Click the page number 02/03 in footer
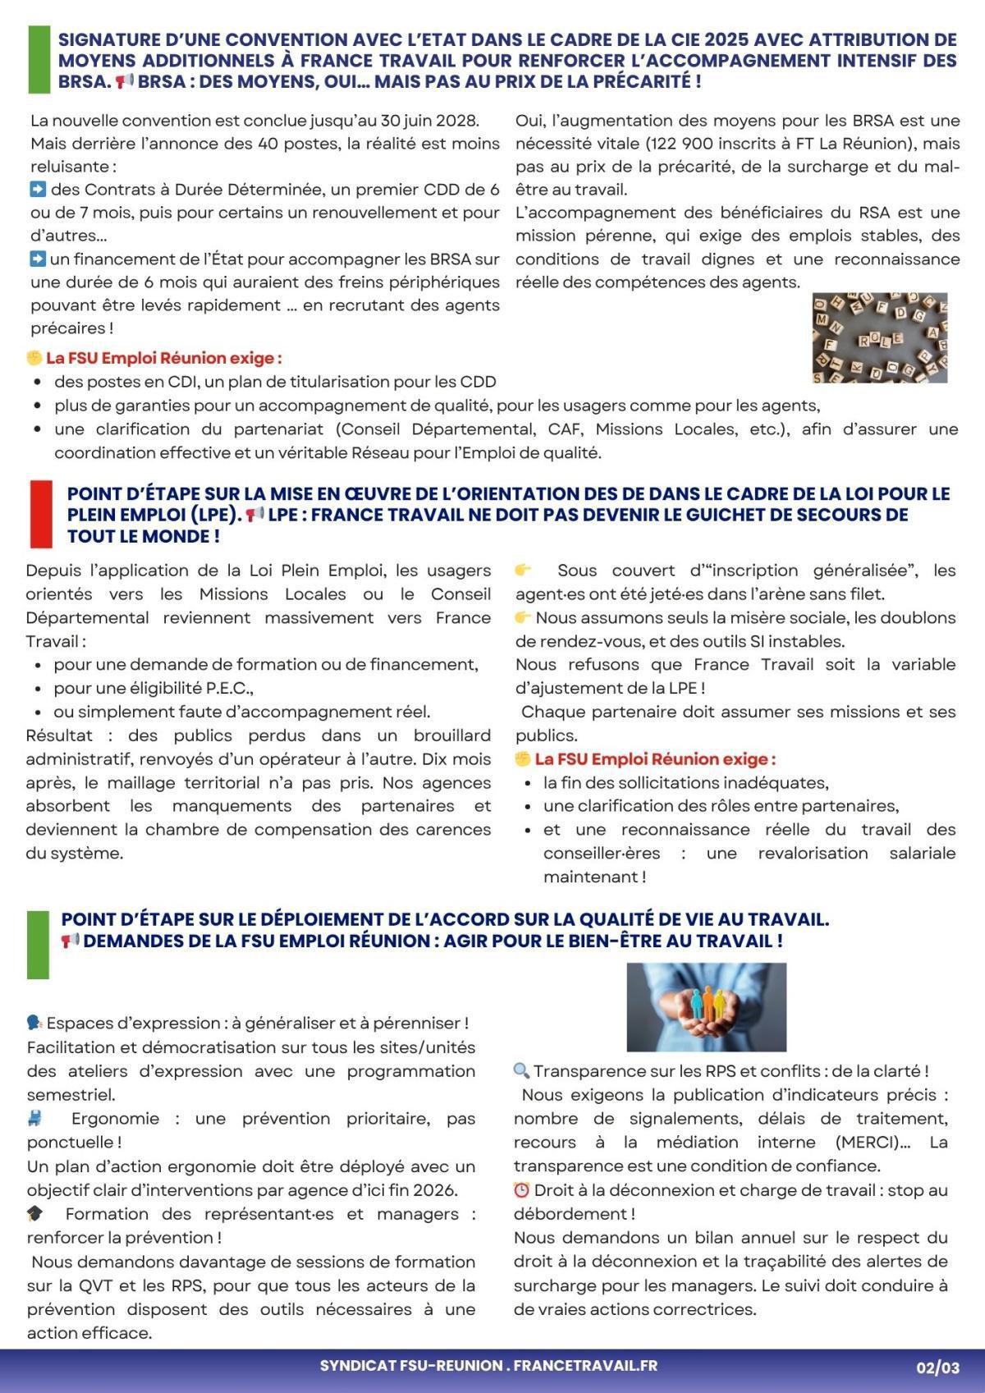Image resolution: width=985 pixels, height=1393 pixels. pos(937,1368)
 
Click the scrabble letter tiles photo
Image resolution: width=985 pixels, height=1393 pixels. pos(880,337)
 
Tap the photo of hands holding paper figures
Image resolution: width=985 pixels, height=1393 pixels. pos(706,1007)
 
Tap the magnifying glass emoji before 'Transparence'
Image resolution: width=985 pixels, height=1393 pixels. pos(521,1071)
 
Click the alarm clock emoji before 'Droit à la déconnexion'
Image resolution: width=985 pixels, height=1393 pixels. pos(521,1190)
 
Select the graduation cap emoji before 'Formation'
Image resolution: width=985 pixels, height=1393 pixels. pos(35,1214)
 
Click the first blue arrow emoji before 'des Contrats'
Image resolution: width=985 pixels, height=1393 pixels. pos(37,190)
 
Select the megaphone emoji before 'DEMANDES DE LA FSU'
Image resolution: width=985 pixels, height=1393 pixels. pos(70,941)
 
